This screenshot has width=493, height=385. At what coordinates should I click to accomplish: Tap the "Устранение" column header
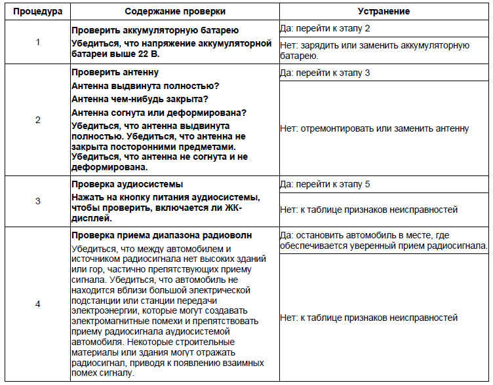point(384,12)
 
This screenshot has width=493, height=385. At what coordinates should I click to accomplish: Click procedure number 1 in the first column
point(37,42)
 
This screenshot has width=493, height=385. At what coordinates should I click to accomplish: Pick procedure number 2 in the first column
point(37,120)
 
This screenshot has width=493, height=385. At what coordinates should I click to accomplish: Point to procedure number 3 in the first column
point(37,201)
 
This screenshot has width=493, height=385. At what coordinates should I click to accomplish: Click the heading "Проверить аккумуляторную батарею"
point(155,30)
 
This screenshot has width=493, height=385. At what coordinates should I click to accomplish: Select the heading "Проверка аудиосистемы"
point(127,184)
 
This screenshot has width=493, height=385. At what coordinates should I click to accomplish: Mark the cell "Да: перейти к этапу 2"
point(325,30)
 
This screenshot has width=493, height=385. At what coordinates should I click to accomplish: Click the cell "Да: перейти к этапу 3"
point(325,73)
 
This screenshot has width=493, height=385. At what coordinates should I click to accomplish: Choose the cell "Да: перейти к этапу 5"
point(325,184)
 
